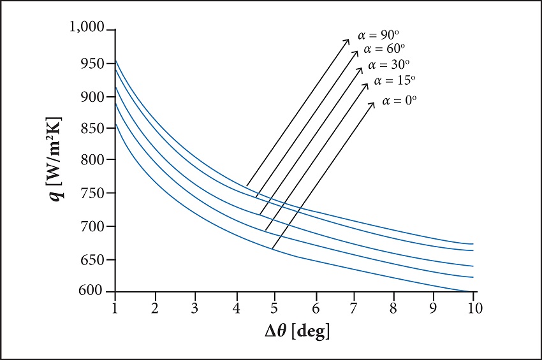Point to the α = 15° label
point(395,80)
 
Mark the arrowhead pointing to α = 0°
point(373,103)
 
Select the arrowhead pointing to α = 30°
point(360,68)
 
